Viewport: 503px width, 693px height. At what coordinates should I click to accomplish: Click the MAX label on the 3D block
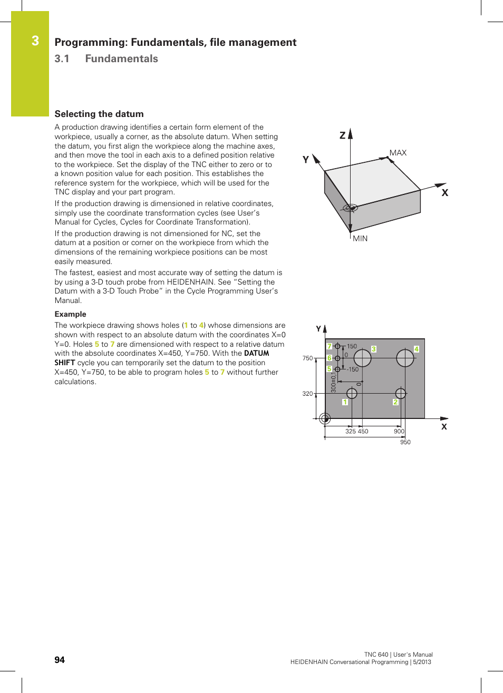(x=398, y=153)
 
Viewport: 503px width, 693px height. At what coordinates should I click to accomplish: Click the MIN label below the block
(x=360, y=239)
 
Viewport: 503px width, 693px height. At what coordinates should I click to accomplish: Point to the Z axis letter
(x=342, y=135)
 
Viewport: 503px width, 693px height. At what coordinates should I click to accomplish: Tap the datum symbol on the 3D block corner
(x=350, y=208)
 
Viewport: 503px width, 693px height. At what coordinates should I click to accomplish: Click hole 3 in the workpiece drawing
(x=362, y=358)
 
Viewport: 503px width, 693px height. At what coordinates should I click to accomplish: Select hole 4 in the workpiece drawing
(x=405, y=358)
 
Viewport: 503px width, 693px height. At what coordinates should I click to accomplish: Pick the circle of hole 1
(x=352, y=393)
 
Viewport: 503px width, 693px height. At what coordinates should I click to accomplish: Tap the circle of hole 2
(x=401, y=393)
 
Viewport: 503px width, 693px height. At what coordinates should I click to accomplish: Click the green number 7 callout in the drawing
(x=329, y=346)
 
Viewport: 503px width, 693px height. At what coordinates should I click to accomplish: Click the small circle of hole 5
(x=337, y=369)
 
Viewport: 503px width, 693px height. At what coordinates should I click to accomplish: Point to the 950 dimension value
(x=405, y=442)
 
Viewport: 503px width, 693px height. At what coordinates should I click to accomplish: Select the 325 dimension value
(x=351, y=432)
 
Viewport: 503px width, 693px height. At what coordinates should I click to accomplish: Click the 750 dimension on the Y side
(x=307, y=358)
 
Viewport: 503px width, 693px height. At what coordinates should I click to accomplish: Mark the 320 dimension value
(x=307, y=394)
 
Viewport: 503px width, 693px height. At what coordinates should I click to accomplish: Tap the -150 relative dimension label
(x=353, y=369)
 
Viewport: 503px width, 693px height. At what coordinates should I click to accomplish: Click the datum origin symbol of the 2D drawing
(x=325, y=418)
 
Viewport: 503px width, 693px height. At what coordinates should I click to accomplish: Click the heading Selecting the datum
(x=99, y=114)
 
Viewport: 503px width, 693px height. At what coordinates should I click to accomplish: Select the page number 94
(x=60, y=660)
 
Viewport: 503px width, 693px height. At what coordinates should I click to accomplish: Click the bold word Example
(x=70, y=314)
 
